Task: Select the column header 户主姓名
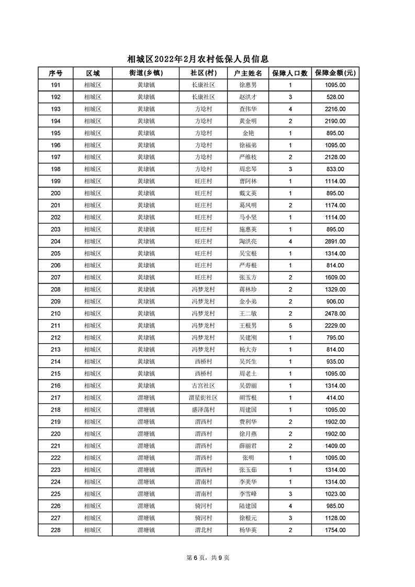coord(248,73)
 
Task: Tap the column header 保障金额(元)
coord(335,73)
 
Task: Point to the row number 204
coord(55,242)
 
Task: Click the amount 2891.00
coord(335,242)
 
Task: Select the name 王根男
coord(248,326)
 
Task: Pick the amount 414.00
coord(335,398)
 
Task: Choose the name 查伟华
coord(248,109)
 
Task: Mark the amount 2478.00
coord(335,314)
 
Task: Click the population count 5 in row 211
coord(290,326)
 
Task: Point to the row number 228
coord(55,530)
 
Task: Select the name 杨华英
coord(248,530)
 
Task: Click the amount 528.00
coord(335,97)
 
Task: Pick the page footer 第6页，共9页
coord(208,558)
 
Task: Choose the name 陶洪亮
coord(248,242)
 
